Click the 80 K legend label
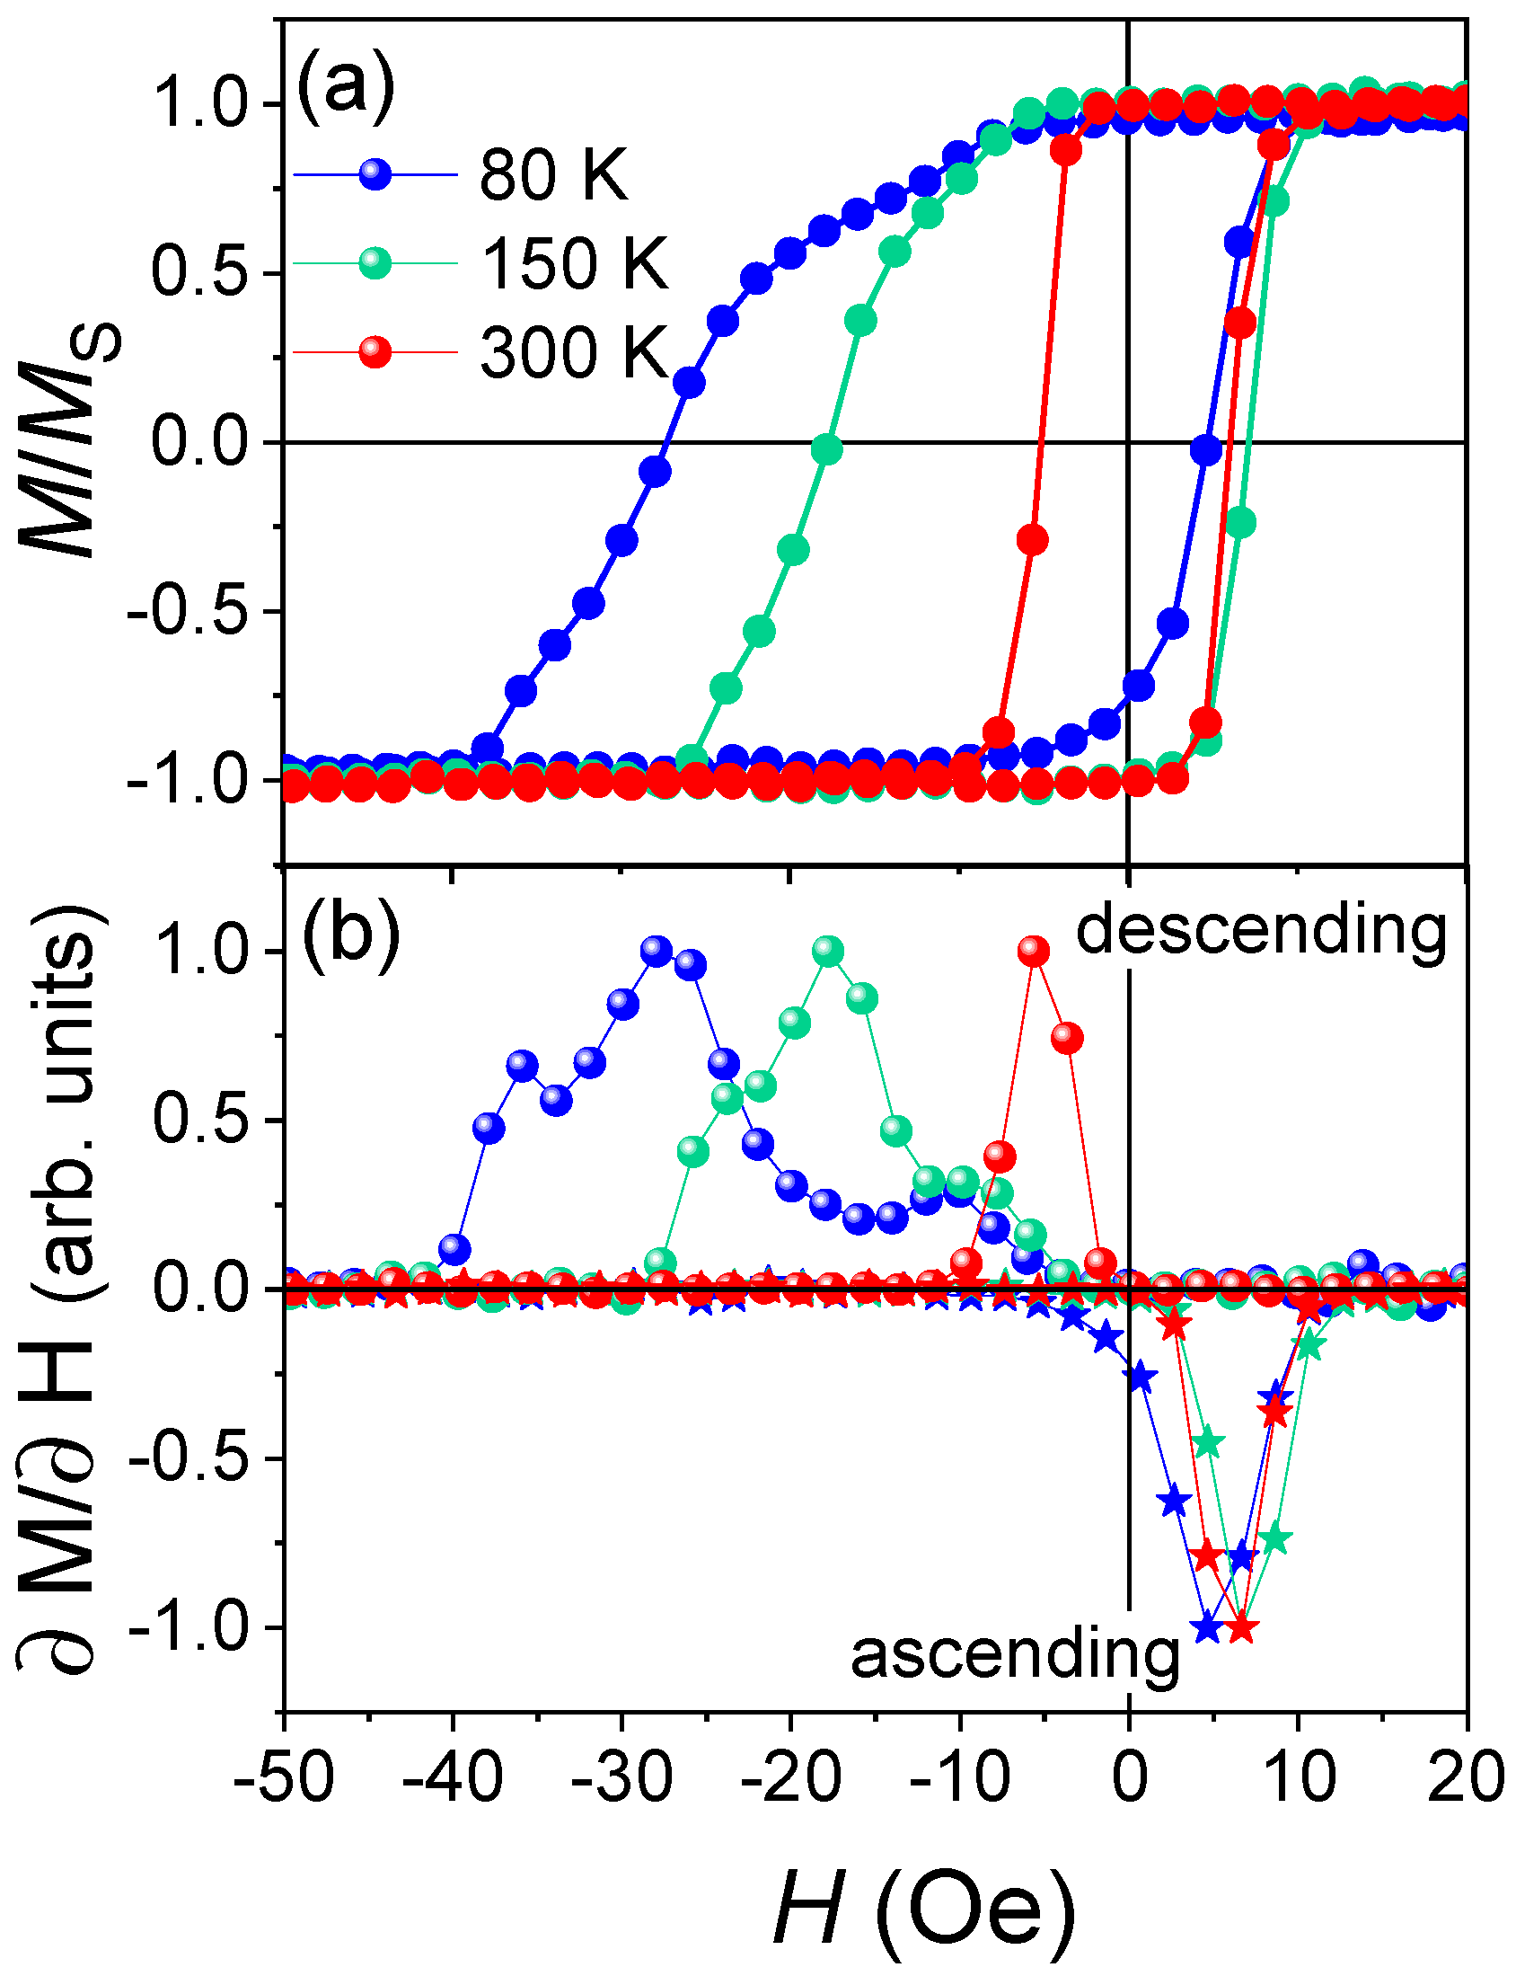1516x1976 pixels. click(x=552, y=174)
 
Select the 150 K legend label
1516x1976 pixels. click(x=574, y=262)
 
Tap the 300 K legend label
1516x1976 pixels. click(x=574, y=351)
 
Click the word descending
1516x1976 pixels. click(x=1261, y=930)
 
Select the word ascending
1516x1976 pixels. click(x=1015, y=1653)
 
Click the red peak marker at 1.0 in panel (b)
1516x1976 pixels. click(x=1033, y=951)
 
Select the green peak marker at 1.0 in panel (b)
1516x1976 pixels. click(x=827, y=951)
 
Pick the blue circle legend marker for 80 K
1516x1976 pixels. click(x=375, y=173)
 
